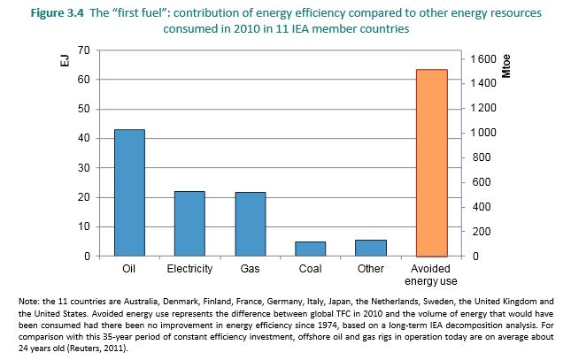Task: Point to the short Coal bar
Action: pyautogui.click(x=310, y=249)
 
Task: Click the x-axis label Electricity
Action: pyautogui.click(x=189, y=268)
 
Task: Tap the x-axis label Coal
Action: pyautogui.click(x=310, y=268)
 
